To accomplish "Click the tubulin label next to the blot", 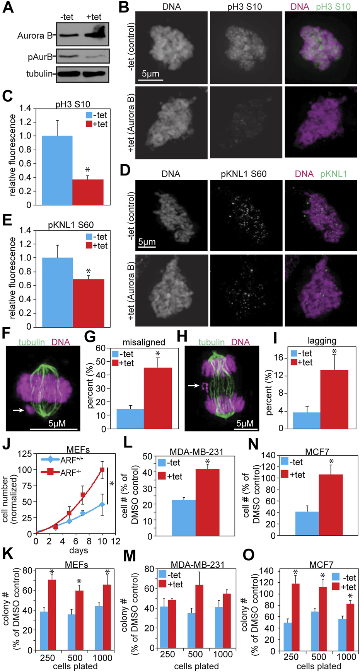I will point(39,74).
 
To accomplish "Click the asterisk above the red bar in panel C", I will point(88,170).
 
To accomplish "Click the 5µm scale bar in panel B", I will point(150,80).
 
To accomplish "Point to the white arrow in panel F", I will point(18,410).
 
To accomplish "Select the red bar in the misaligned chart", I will point(158,398).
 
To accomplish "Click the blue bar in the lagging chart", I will point(307,420).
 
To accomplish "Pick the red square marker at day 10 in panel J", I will point(102,470).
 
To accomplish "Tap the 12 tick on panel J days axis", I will point(115,541).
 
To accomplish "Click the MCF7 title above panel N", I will point(317,452).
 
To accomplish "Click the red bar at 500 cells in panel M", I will point(199,616).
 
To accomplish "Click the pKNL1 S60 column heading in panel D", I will point(244,174).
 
